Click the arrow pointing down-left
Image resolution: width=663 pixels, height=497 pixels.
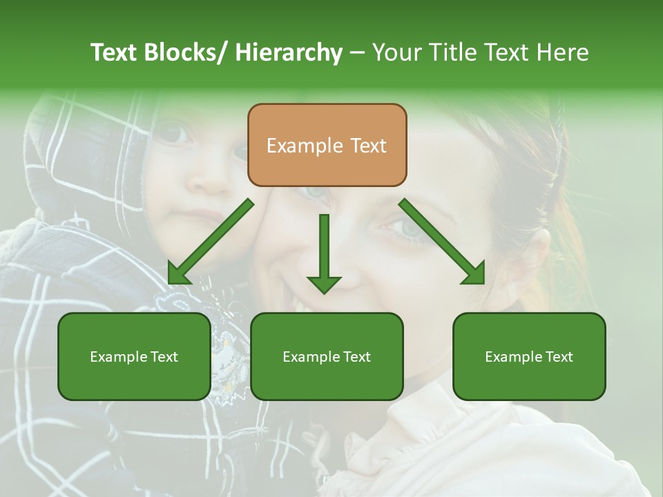211,241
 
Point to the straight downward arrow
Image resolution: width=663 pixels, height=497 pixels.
324,253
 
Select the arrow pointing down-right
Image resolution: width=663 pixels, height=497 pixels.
441,241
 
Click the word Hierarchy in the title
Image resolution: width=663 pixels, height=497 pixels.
289,52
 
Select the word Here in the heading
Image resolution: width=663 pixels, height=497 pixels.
563,52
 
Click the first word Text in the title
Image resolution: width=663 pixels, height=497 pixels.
115,52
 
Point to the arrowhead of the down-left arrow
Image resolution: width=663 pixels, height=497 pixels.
177,275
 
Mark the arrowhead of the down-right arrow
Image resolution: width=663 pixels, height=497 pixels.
475,275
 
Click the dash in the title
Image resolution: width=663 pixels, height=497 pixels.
356,52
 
